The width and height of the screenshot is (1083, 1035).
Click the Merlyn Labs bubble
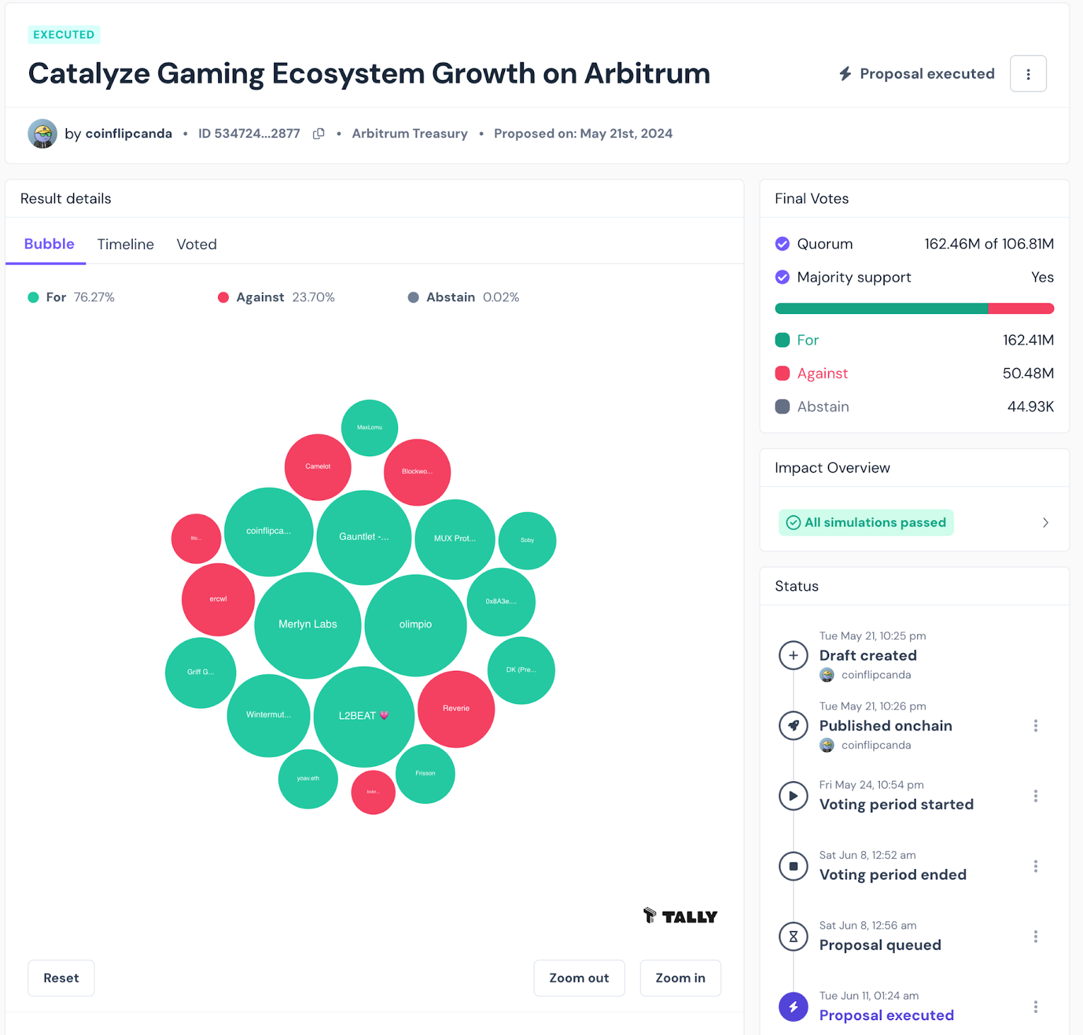[307, 625]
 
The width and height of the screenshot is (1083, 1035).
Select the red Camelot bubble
[317, 466]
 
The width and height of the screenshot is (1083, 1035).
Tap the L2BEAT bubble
[363, 716]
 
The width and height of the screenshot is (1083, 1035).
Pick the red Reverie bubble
[456, 709]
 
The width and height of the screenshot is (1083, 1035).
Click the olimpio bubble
[415, 625]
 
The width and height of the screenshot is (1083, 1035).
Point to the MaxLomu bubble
[370, 428]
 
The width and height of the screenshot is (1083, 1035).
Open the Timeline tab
[125, 244]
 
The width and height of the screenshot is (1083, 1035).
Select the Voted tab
[196, 244]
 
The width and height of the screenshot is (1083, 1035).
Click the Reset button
[61, 978]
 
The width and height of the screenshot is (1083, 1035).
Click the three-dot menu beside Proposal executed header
[1027, 74]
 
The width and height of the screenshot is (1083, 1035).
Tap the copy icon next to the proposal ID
[319, 134]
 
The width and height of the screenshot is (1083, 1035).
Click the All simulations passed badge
[866, 523]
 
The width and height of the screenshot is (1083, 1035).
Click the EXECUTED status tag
[64, 35]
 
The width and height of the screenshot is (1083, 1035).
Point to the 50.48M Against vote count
[1027, 374]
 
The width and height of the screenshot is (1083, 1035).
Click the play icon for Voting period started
[793, 796]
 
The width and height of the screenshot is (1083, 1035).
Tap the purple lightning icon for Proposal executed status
[793, 1007]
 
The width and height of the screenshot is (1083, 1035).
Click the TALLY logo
[680, 917]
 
